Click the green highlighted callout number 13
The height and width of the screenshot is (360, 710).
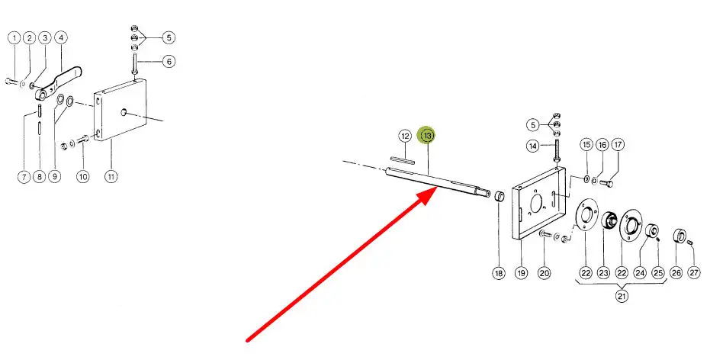point(427,135)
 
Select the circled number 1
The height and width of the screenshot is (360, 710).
point(13,37)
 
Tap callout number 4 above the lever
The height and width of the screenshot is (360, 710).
point(61,37)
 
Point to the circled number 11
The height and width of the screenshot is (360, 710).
point(111,177)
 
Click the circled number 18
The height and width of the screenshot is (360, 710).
point(499,272)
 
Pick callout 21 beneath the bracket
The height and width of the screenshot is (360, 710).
point(622,297)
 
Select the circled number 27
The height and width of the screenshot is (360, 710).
point(693,272)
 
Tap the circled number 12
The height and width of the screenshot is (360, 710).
point(405,136)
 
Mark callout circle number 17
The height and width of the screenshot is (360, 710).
point(618,144)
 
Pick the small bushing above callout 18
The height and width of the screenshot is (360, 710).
point(499,198)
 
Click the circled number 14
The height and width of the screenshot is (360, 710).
point(533,146)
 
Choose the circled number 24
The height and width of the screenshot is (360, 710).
point(640,272)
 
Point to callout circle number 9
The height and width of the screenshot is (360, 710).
point(54,177)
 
